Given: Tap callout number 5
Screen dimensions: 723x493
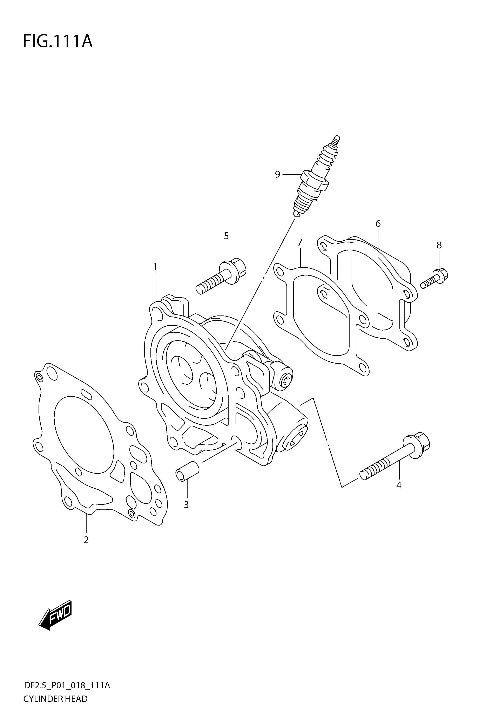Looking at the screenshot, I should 226,236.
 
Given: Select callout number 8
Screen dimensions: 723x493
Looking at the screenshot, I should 439,245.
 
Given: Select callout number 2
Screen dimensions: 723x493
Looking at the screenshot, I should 86,540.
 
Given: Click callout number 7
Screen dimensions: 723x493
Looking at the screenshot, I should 300,242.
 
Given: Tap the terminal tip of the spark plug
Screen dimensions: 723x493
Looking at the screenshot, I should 336,139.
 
